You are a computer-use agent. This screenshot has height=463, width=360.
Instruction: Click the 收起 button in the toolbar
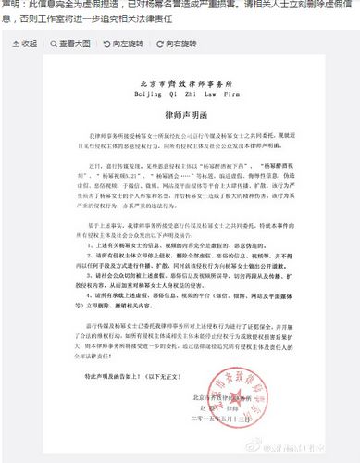click(x=25, y=44)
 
